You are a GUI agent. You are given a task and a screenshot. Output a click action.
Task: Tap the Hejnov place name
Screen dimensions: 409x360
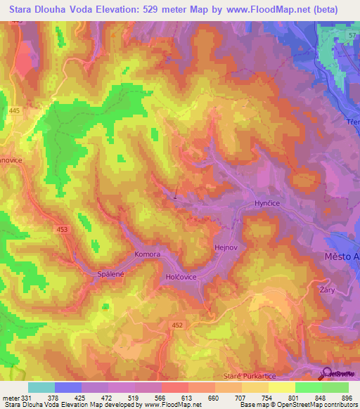226,248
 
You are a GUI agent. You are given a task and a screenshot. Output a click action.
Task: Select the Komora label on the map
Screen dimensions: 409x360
148,254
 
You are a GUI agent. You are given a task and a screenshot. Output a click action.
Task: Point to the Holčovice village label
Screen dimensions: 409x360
181,278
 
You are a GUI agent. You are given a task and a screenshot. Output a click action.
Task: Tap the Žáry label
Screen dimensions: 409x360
326,289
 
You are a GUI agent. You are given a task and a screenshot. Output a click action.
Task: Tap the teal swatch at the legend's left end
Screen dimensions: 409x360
41,387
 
